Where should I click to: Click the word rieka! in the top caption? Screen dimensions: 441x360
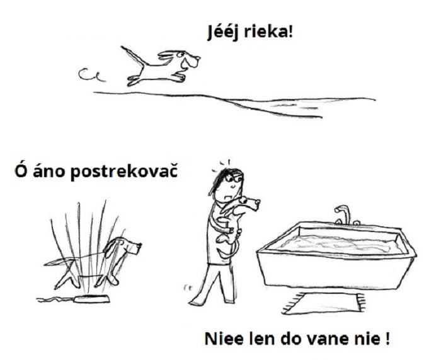[x=268, y=32]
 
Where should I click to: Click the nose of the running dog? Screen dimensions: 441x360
[x=198, y=59]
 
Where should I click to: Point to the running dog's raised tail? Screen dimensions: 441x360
[x=133, y=56]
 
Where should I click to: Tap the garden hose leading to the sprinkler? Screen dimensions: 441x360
[x=55, y=299]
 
